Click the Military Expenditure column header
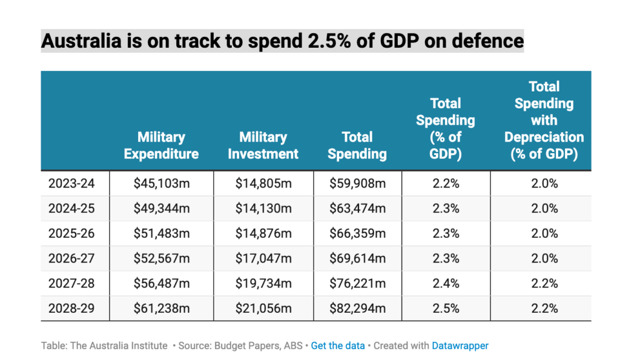coord(161,145)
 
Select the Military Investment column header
coord(263,145)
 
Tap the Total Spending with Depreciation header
coord(544,120)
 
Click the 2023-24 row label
coord(71,183)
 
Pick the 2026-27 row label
coord(71,258)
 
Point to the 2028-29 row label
coord(71,308)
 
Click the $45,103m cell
coord(162,183)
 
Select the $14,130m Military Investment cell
coord(263,209)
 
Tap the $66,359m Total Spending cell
coord(357,234)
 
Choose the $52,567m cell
coord(162,258)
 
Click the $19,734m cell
coord(263,283)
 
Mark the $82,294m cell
coord(357,308)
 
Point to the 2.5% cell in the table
coord(446,308)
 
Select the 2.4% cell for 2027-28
coord(446,283)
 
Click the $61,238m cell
coord(162,308)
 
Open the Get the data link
coord(338,345)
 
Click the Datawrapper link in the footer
coord(460,345)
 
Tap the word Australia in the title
coord(81,41)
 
